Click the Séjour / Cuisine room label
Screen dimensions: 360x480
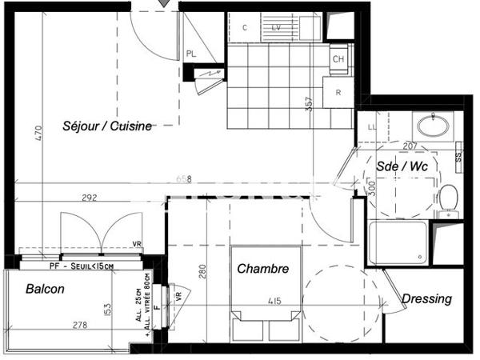tap(108, 126)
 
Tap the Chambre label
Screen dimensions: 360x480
tap(263, 270)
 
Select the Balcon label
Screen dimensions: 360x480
tap(45, 289)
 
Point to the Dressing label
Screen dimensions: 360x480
tap(426, 298)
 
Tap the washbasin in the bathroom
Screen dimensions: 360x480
tap(434, 126)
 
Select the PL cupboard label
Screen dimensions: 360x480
tap(192, 54)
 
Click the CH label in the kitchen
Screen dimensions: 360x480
tap(338, 59)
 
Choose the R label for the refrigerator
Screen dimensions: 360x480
tap(338, 92)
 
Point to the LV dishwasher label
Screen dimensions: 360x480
tap(276, 27)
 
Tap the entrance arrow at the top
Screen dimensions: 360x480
tap(165, 4)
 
